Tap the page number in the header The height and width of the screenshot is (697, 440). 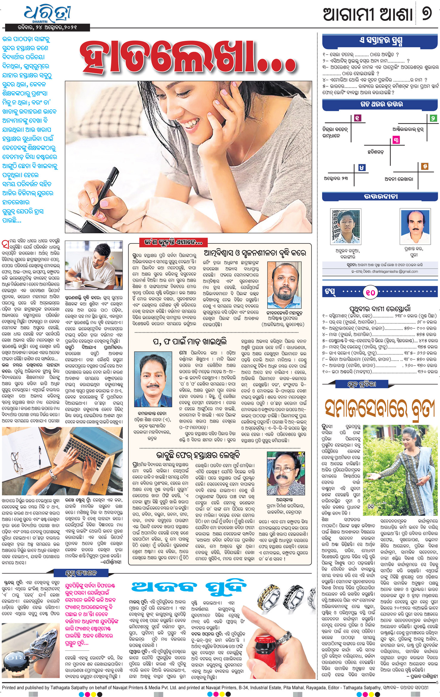click(427, 14)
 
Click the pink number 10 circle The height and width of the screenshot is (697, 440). click(371, 292)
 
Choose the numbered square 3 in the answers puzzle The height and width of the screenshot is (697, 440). click(396, 140)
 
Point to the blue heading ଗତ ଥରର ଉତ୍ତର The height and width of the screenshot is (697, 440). click(381, 104)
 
